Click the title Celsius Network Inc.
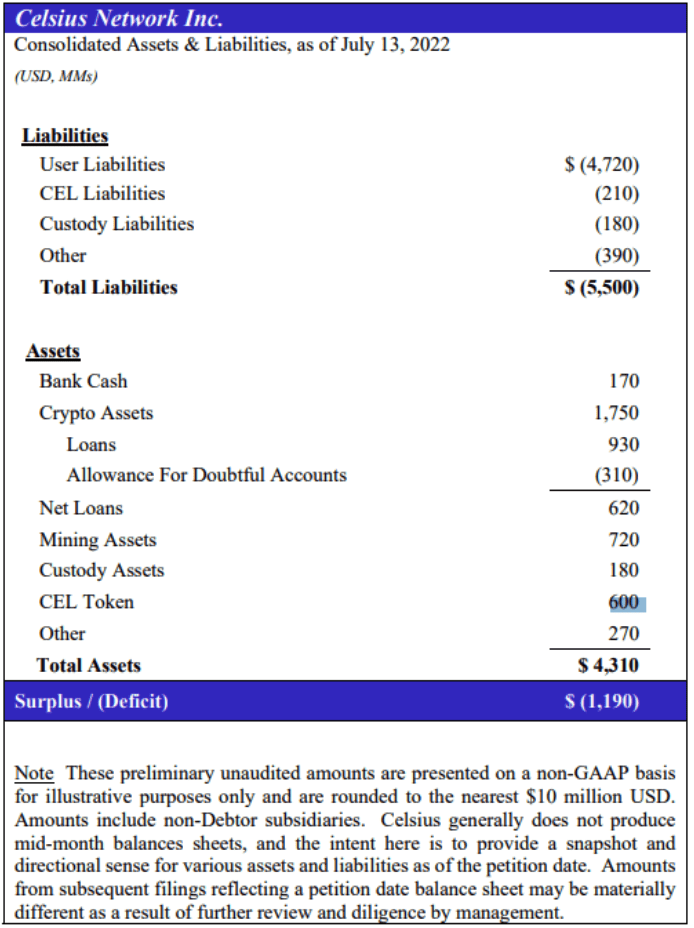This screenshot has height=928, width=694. point(120,18)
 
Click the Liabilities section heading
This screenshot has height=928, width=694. point(65,136)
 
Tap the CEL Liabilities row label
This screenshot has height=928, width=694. point(102,193)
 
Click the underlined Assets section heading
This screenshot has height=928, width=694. point(53,351)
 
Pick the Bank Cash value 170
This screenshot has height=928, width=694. point(623,381)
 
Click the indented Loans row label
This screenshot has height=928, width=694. point(91,444)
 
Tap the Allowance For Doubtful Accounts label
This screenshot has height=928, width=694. point(206,475)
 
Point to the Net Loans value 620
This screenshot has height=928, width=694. point(623,508)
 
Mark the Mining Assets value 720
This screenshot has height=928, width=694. point(623,540)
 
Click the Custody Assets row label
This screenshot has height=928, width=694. point(101,570)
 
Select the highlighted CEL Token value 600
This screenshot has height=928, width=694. point(624,602)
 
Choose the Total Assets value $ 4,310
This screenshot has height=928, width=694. point(608,665)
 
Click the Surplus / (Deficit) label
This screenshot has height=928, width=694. point(91,701)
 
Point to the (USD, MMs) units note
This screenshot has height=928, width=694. point(56,75)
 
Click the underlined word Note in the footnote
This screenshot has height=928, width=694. point(34,774)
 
